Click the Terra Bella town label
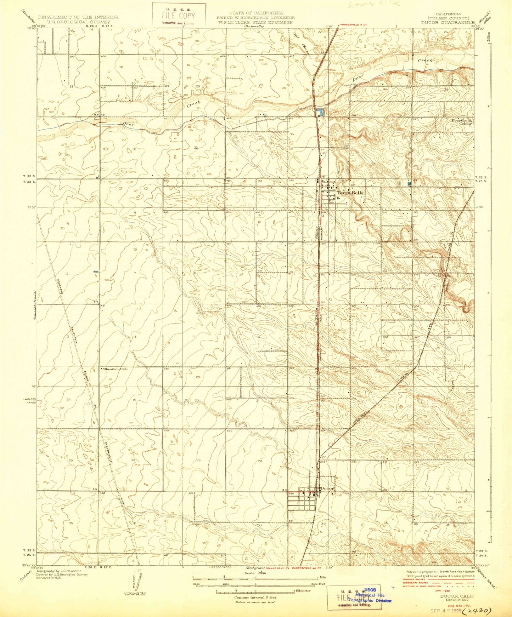click(350, 193)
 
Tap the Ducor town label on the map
click(327, 489)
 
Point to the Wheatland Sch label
click(114, 369)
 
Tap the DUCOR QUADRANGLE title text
click(448, 22)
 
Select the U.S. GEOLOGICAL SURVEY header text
click(78, 22)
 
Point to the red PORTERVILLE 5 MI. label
click(355, 25)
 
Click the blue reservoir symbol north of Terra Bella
click(320, 113)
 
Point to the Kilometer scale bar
click(255, 591)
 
